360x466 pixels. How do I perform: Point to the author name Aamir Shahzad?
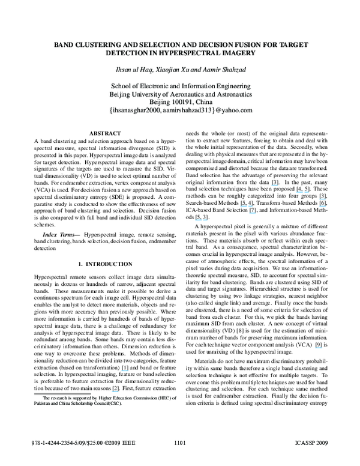click(x=223, y=71)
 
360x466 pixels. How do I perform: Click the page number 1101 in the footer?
click(x=180, y=460)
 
